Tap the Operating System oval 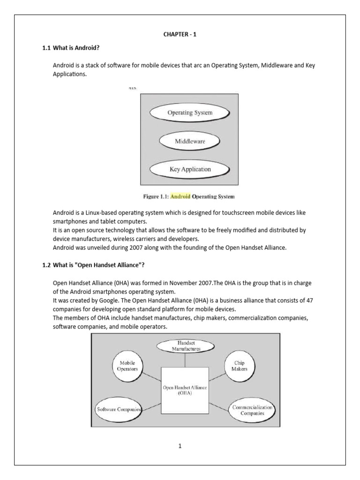(x=190, y=112)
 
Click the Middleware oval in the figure (x=190, y=140)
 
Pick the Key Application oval (x=189, y=169)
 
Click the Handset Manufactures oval (x=186, y=346)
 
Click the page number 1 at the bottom (x=180, y=446)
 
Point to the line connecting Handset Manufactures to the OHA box (x=185, y=360)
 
